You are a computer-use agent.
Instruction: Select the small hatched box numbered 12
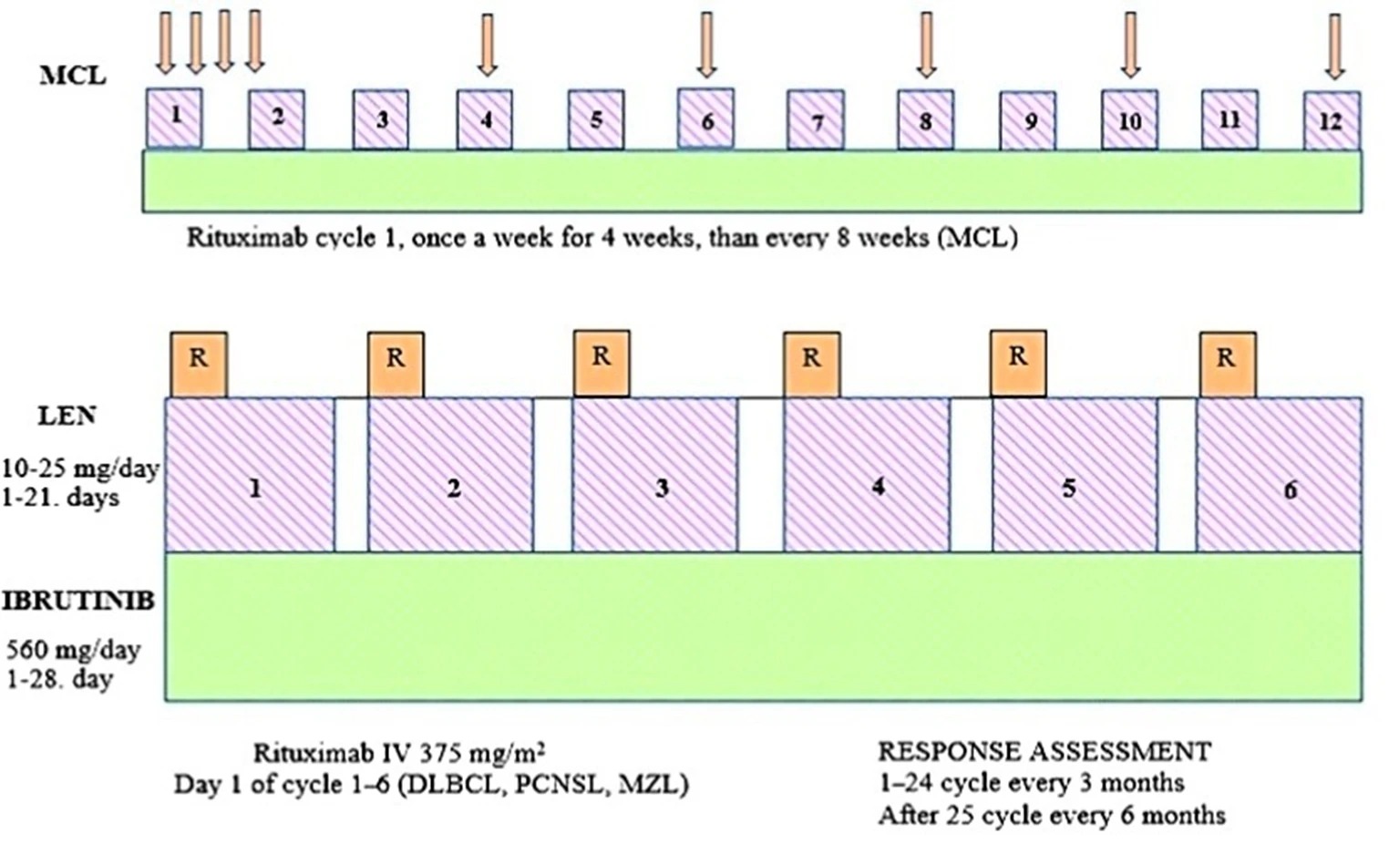tap(1332, 119)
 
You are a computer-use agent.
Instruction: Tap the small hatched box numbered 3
tap(381, 119)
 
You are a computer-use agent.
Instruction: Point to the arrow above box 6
tap(706, 44)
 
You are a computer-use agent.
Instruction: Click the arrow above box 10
tap(1130, 44)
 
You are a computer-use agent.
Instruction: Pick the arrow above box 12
tap(1334, 46)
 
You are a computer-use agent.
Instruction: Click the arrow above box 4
tap(488, 44)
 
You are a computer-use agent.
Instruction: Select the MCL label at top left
tap(73, 76)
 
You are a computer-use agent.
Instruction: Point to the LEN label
tap(67, 416)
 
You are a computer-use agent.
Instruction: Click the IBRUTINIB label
tap(78, 602)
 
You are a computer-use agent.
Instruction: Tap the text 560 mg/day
tap(74, 650)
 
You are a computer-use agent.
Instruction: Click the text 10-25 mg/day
tap(80, 468)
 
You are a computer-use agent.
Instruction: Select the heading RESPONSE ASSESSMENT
tap(1044, 752)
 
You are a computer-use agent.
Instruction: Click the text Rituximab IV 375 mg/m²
tap(399, 754)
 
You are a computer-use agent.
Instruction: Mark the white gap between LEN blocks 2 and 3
tap(552, 475)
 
